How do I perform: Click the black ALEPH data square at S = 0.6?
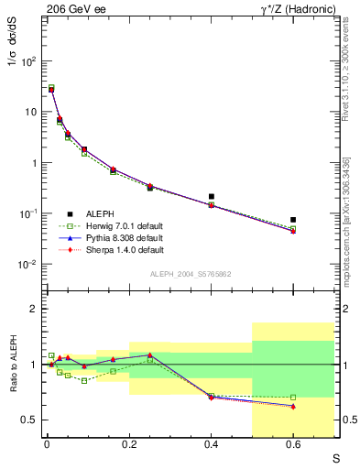[293, 220]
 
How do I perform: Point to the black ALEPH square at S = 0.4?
[211, 196]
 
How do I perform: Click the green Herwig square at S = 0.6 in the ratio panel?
[293, 398]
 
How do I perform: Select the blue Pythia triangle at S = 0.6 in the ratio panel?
[293, 406]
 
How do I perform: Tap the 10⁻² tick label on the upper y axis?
[29, 264]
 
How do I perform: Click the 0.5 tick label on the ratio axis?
[30, 420]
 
